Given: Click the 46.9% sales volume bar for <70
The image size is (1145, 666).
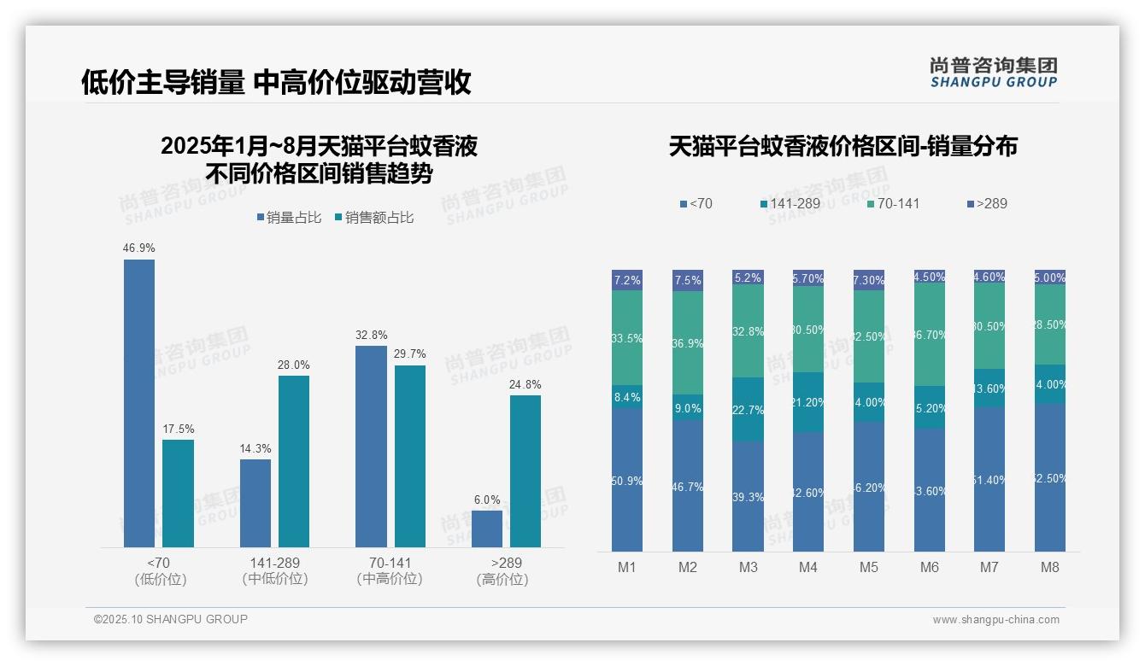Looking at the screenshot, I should click(139, 403).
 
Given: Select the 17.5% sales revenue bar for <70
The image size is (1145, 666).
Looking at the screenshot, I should click(178, 494).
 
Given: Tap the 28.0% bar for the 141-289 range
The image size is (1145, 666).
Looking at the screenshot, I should click(294, 461).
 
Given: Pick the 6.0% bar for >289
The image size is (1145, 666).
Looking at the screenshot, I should click(487, 529).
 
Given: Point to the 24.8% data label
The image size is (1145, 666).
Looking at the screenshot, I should click(525, 384).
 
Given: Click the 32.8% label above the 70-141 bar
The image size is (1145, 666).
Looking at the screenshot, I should click(371, 335).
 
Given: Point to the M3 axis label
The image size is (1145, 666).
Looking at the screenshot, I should click(748, 567).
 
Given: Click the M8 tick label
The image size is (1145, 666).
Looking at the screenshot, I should click(1050, 567).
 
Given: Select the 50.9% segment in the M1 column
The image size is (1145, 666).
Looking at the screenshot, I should click(627, 480).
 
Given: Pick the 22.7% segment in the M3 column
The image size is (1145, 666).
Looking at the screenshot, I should click(748, 410).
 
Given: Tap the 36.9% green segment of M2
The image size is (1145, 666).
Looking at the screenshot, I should click(688, 343).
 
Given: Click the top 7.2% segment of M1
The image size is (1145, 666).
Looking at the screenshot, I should click(627, 280).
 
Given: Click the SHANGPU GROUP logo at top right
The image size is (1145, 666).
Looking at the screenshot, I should click(993, 73).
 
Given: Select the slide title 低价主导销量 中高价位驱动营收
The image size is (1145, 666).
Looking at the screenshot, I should click(276, 83).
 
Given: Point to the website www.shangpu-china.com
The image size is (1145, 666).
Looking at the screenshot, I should click(995, 620).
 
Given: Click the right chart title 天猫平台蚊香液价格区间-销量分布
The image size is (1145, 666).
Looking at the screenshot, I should click(843, 146).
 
